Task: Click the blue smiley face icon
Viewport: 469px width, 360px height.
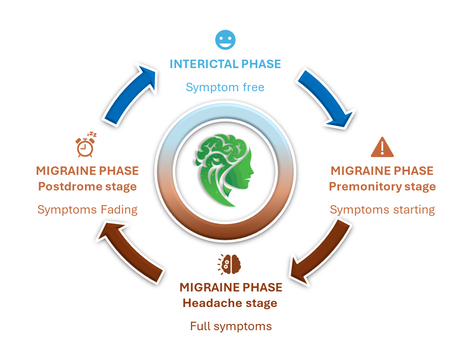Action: [225, 40]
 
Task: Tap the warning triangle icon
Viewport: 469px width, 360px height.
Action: [382, 147]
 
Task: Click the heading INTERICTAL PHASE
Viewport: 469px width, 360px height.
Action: [225, 64]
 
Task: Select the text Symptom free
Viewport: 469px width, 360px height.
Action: [225, 87]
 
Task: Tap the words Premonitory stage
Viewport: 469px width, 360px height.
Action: [382, 186]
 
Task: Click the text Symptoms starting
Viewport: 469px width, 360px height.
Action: [382, 210]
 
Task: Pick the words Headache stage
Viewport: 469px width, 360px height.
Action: [230, 303]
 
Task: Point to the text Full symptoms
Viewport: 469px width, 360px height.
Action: [231, 326]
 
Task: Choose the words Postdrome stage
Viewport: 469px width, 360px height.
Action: [87, 186]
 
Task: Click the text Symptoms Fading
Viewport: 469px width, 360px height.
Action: [87, 210]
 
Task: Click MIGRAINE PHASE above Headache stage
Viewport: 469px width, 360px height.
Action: [231, 287]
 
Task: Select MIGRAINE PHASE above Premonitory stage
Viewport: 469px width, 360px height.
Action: [382, 170]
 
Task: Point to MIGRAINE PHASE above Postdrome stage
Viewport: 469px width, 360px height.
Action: [87, 170]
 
